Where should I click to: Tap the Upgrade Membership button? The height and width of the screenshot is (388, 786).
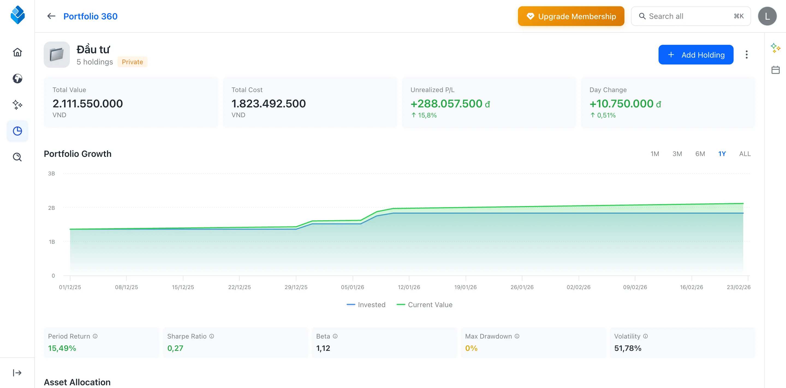(571, 16)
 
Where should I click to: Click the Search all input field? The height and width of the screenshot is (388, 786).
(687, 16)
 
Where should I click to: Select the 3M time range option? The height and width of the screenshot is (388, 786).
(677, 154)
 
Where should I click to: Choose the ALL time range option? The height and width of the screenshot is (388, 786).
(745, 154)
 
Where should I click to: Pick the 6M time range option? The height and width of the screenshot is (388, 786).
(700, 154)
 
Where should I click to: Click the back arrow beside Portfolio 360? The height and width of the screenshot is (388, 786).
(51, 16)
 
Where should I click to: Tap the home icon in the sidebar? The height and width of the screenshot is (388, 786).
(17, 52)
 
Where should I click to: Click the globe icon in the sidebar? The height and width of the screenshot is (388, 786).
(17, 78)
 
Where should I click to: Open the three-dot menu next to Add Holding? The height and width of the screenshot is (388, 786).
(746, 55)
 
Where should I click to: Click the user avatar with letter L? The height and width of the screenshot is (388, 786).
(767, 16)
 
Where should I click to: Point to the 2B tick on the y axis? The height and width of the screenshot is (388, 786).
(52, 208)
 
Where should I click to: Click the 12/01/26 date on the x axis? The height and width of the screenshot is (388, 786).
(409, 287)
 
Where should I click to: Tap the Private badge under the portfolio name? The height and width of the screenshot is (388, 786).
(132, 62)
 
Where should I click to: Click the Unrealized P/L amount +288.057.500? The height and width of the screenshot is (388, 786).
(446, 104)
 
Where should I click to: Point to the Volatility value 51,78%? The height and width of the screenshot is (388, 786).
(627, 348)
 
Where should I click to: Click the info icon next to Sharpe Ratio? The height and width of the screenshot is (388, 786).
(212, 336)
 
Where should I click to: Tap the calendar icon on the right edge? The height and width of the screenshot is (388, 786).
(775, 70)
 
